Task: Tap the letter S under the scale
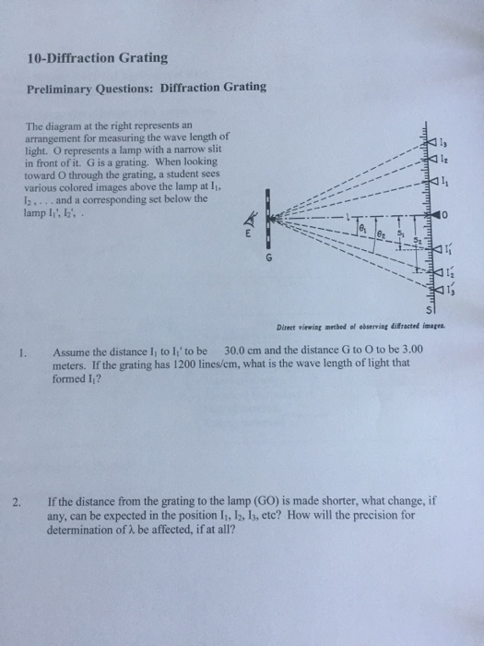click(x=428, y=311)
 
